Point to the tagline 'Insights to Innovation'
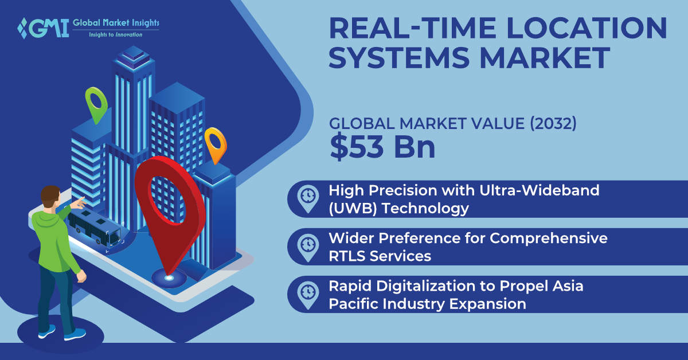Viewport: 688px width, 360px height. point(115,35)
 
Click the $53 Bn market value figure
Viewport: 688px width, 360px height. point(382,147)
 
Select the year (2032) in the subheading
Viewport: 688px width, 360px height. point(553,123)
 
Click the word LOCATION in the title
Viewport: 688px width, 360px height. point(587,28)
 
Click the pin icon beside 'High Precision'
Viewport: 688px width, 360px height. point(308,199)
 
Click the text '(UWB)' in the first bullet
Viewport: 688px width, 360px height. point(353,209)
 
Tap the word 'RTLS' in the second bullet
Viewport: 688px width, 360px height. point(347,256)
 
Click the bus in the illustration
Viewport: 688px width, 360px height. point(94,228)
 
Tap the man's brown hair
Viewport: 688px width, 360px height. point(50,195)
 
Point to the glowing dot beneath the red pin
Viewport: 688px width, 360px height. point(169,278)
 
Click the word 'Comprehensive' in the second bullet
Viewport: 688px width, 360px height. point(549,238)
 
